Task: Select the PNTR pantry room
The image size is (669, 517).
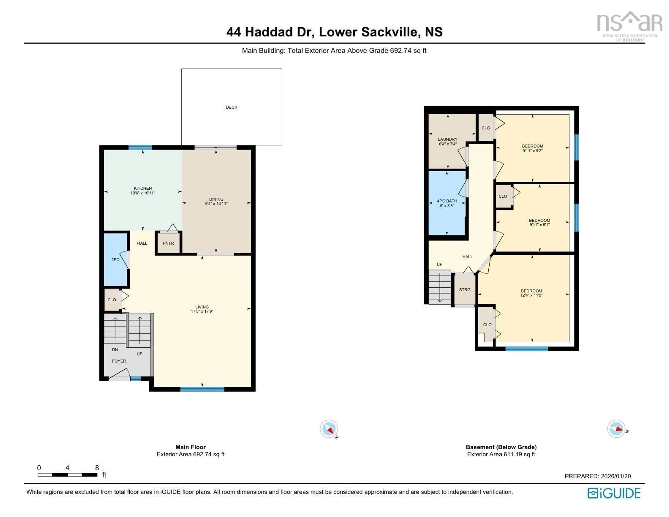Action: pos(168,243)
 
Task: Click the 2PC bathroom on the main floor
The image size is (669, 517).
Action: pos(115,260)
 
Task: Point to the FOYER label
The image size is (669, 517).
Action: pos(119,361)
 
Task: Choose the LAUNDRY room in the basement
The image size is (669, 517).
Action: pos(448,139)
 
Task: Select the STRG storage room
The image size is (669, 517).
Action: pos(465,290)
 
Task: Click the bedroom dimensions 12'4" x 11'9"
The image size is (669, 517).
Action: pos(532,295)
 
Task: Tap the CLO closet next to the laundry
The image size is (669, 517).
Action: pos(486,128)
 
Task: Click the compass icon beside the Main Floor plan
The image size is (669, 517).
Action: pos(329,429)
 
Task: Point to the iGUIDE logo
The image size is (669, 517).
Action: pos(614,493)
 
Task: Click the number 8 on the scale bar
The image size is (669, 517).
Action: pos(97,468)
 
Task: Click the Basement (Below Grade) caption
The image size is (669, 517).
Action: pos(501,447)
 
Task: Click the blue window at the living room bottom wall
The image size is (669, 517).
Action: pos(202,389)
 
